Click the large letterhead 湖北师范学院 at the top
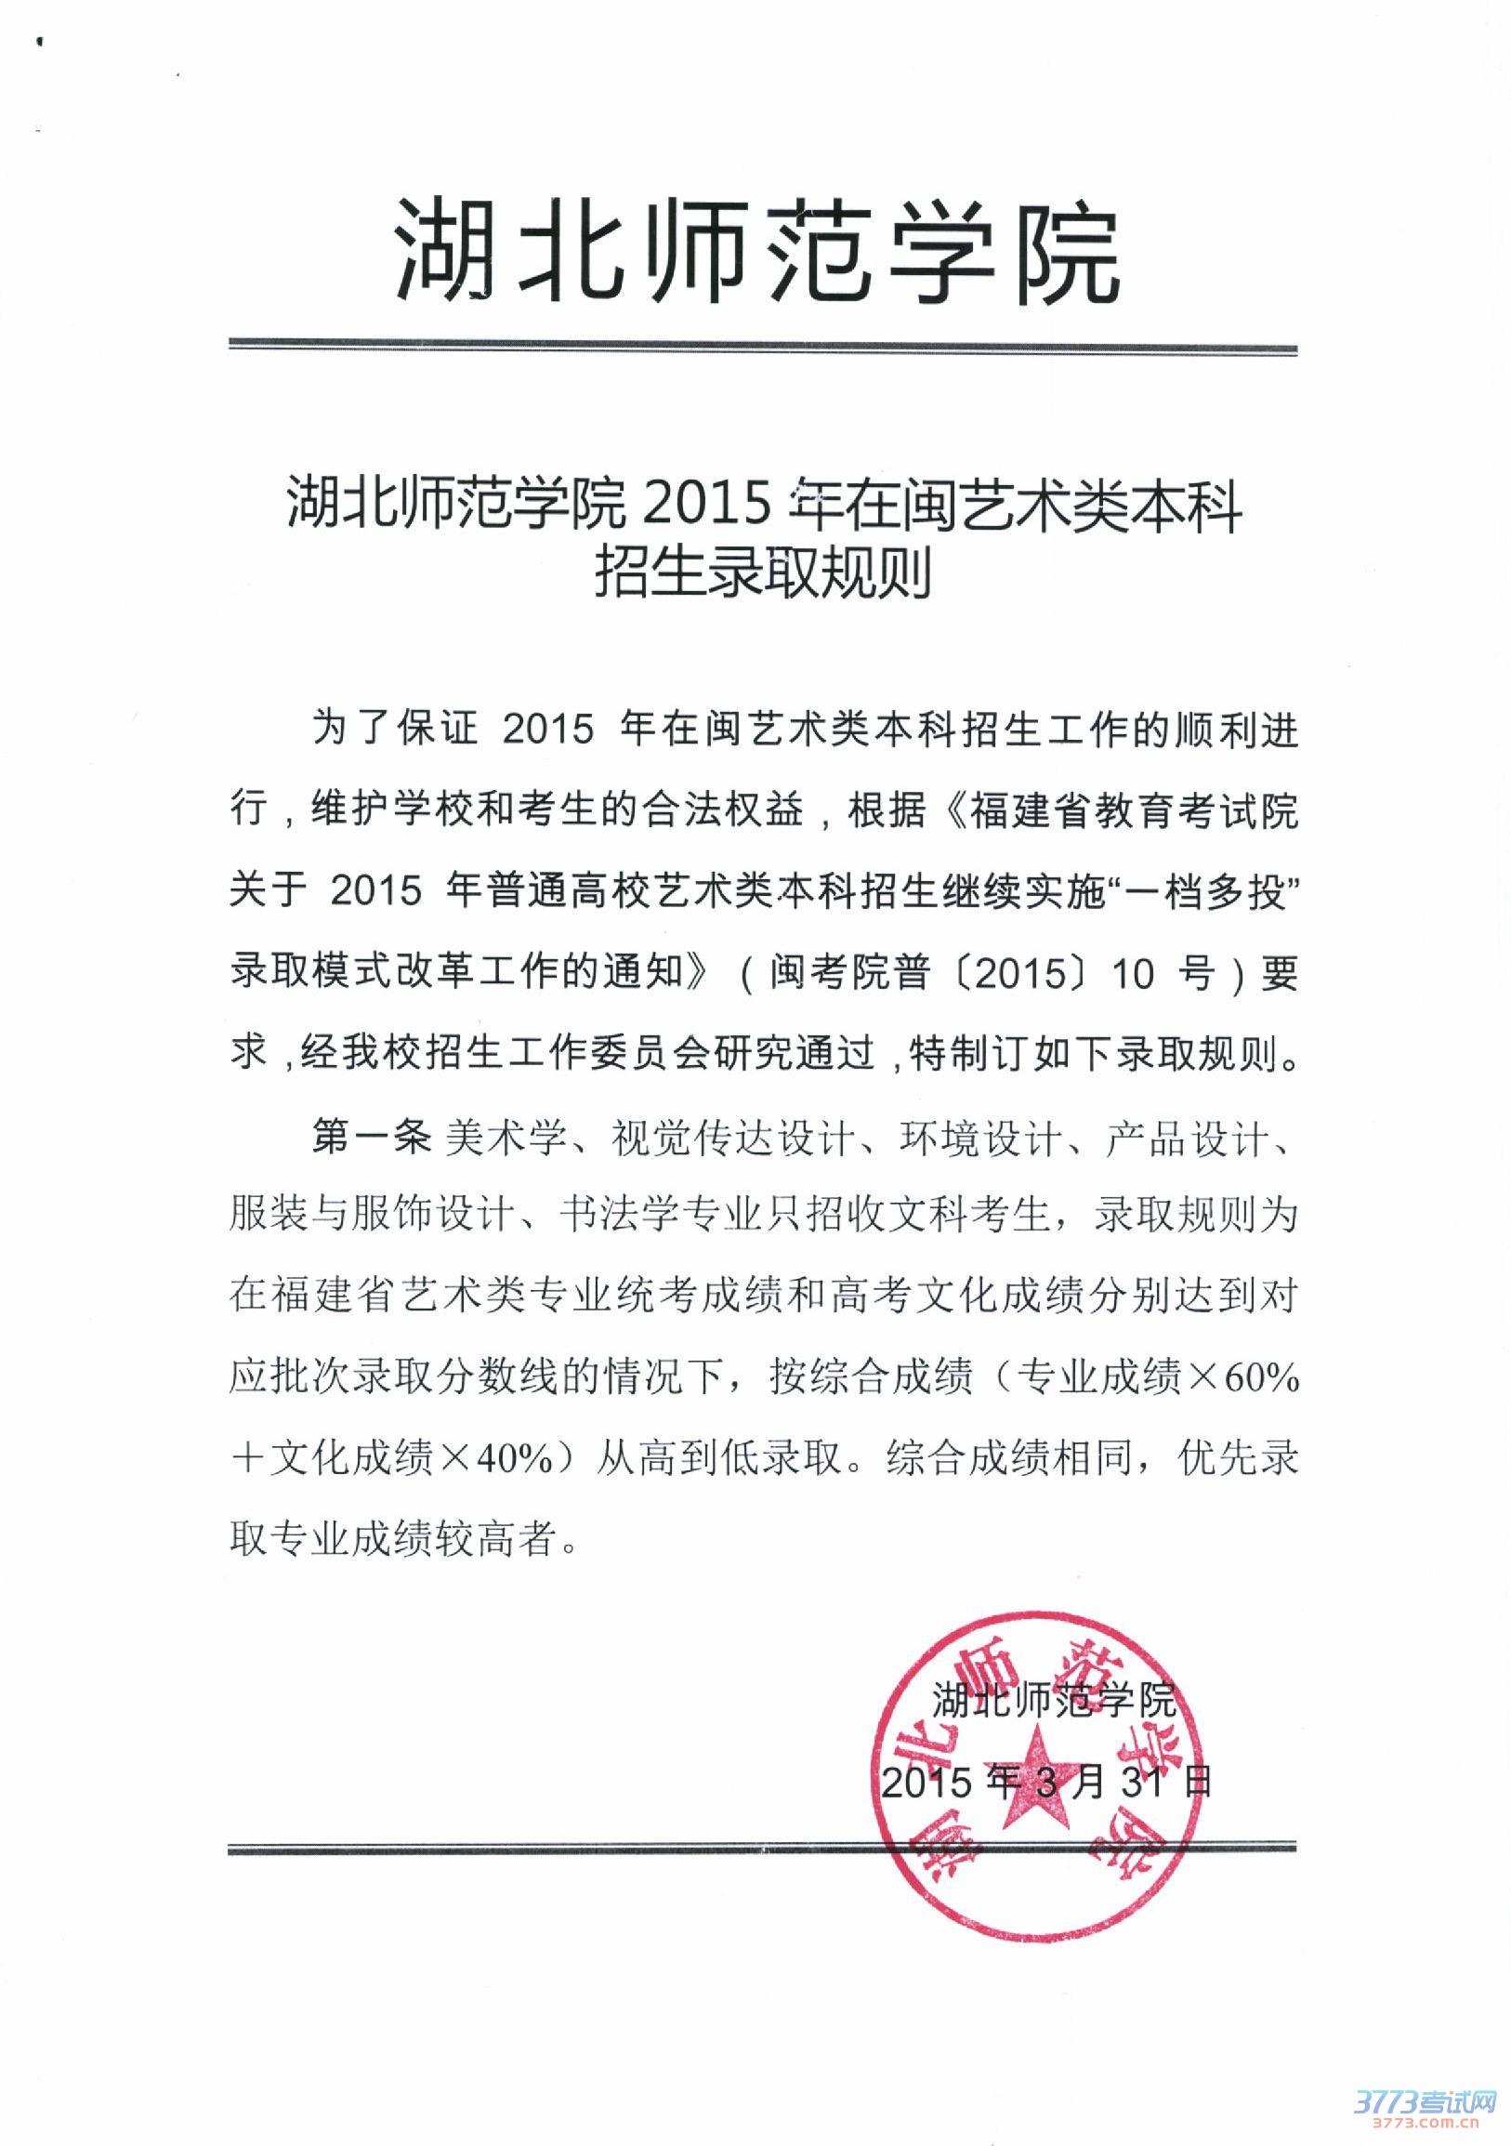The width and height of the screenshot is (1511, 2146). coord(757,251)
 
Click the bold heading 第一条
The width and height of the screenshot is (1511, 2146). coord(372,1138)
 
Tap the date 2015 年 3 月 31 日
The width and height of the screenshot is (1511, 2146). coord(1046,1783)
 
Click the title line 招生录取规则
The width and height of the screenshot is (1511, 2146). coord(764,573)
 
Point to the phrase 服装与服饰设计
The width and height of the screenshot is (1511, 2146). coord(372,1218)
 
